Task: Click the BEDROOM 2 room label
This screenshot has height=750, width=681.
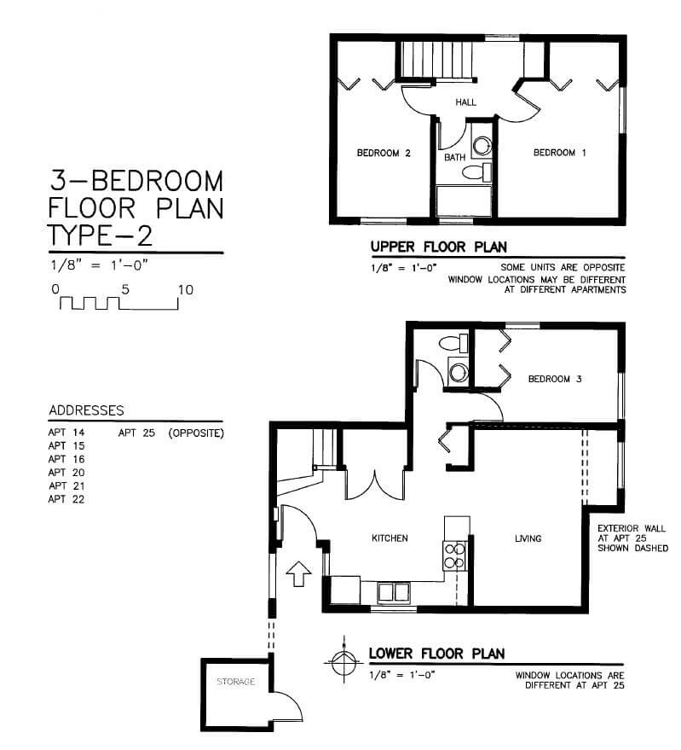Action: [384, 153]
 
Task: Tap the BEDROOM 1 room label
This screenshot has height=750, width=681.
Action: [560, 153]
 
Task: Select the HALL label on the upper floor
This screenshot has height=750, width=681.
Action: [465, 102]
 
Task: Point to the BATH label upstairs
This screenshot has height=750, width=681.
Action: [454, 157]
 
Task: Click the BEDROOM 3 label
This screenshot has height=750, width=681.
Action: [555, 379]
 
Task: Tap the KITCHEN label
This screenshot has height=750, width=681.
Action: [390, 538]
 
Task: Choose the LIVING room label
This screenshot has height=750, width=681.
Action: [528, 538]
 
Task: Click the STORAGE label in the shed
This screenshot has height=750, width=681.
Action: [235, 681]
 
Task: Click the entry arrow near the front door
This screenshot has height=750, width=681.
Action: [298, 573]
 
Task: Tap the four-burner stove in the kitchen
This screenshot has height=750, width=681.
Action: [455, 555]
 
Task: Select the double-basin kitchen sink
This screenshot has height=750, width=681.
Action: [394, 593]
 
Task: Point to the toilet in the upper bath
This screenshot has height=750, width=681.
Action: [477, 172]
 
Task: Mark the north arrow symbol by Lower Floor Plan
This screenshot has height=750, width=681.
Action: [344, 661]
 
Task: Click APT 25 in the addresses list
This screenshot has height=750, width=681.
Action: [136, 433]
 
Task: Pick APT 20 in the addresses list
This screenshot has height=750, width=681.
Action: [66, 473]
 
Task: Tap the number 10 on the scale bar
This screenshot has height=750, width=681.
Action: [186, 290]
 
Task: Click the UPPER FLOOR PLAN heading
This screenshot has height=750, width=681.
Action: [439, 247]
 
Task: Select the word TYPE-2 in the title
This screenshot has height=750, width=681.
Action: [101, 235]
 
